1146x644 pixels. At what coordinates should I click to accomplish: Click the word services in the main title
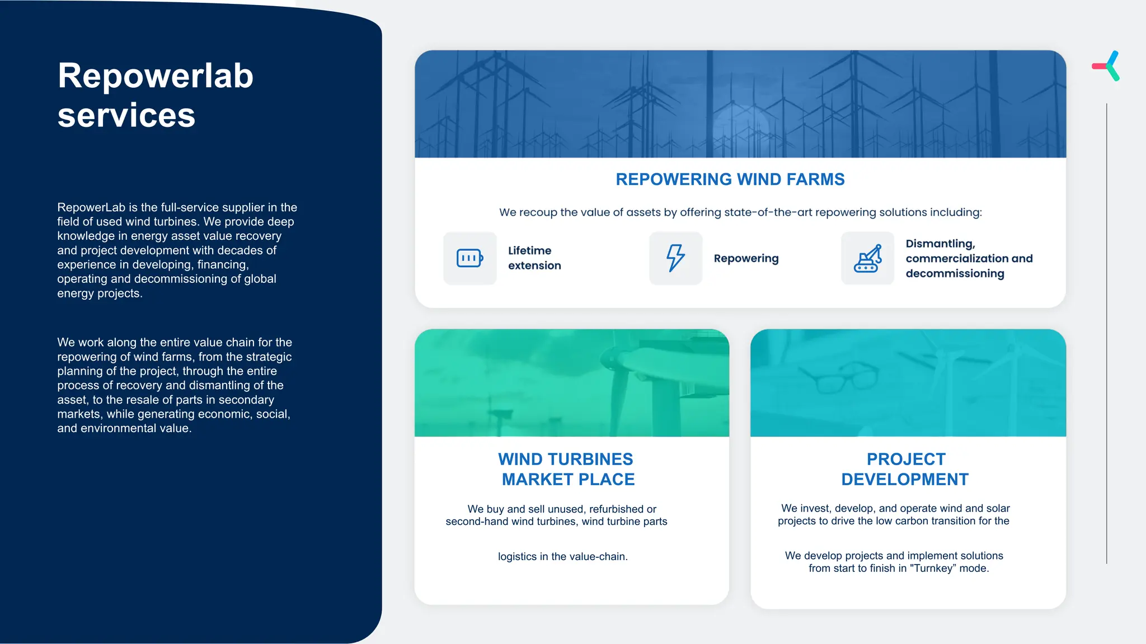[x=126, y=116]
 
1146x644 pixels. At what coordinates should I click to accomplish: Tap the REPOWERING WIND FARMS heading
[x=730, y=179]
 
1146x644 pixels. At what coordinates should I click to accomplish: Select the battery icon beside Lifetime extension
[x=469, y=258]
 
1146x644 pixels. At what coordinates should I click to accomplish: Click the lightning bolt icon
[x=675, y=258]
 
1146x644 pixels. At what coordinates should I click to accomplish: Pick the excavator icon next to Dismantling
[x=867, y=258]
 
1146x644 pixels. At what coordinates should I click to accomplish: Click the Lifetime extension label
[x=534, y=258]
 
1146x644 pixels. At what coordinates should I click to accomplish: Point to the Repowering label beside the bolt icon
[x=746, y=258]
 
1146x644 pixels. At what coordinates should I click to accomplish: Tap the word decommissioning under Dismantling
[x=955, y=274]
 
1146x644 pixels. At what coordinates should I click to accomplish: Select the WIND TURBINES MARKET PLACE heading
[x=567, y=469]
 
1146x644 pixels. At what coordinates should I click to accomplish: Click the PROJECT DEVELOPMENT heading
[x=905, y=469]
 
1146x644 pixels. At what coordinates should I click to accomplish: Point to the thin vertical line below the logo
[x=1106, y=335]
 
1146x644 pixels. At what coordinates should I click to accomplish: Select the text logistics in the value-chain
[x=562, y=557]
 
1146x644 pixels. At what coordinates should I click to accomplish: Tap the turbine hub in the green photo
[x=616, y=358]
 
